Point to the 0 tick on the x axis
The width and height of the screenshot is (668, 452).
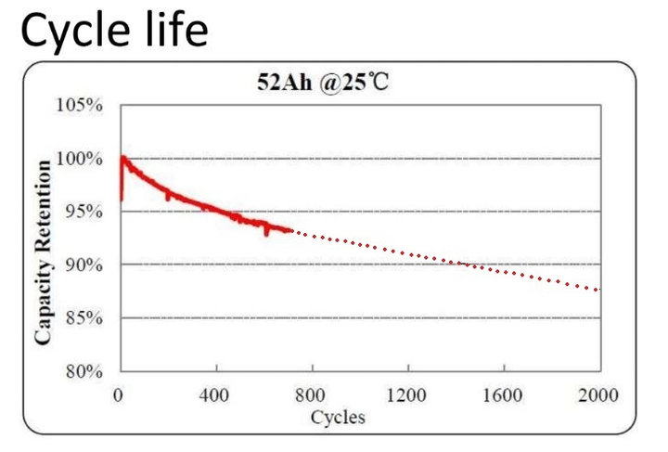click(119, 394)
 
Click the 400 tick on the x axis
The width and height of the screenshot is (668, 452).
click(215, 394)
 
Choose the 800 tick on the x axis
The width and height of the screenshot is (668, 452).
click(311, 394)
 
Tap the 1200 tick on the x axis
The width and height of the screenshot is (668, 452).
click(406, 394)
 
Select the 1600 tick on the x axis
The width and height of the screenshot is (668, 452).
click(503, 394)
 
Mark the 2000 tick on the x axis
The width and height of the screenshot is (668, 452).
click(598, 394)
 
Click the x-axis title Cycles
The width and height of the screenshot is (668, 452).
click(338, 417)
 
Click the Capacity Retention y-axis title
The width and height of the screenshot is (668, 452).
click(44, 252)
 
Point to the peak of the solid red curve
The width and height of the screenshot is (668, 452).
click(122, 157)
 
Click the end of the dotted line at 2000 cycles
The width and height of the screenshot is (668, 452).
click(598, 291)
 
